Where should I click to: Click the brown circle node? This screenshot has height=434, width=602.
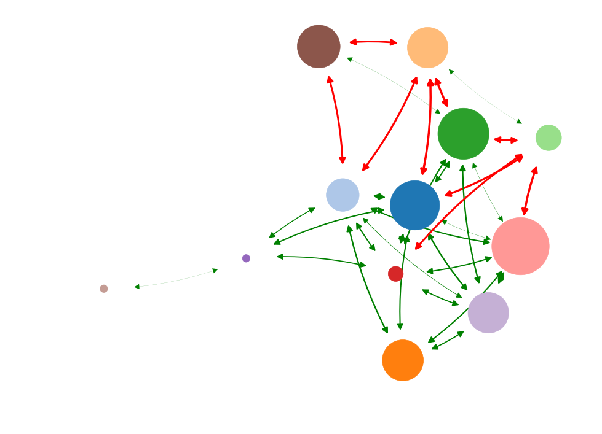pyautogui.click(x=319, y=47)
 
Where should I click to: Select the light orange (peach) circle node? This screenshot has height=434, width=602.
pyautogui.click(x=427, y=47)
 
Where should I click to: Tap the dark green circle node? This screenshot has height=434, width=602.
pyautogui.click(x=463, y=134)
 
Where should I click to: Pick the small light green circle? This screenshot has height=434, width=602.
pyautogui.click(x=548, y=138)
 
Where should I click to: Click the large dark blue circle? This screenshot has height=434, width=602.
pyautogui.click(x=415, y=205)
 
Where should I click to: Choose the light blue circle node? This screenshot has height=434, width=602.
pyautogui.click(x=343, y=195)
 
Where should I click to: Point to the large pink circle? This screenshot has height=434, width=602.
pyautogui.click(x=520, y=246)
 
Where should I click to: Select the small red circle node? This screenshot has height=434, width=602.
pyautogui.click(x=395, y=274)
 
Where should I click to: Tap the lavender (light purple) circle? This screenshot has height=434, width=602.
pyautogui.click(x=488, y=312)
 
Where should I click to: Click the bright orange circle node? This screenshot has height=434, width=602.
pyautogui.click(x=403, y=360)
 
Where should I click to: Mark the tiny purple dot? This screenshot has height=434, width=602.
pyautogui.click(x=246, y=258)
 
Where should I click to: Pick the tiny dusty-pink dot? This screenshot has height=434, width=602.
pyautogui.click(x=104, y=289)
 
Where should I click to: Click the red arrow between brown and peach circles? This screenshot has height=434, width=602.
pyautogui.click(x=373, y=42)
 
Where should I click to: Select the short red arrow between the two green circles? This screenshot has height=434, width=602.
pyautogui.click(x=506, y=140)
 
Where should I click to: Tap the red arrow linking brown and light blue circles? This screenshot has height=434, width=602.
pyautogui.click(x=337, y=120)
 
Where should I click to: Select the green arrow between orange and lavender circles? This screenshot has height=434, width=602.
pyautogui.click(x=448, y=340)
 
